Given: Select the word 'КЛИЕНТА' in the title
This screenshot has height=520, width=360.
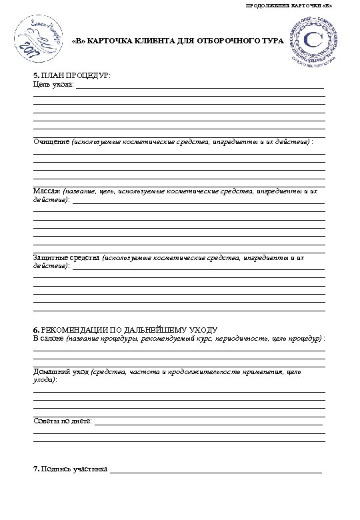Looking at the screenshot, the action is pyautogui.click(x=145, y=41).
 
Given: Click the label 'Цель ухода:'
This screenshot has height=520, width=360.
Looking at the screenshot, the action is pyautogui.click(x=53, y=86).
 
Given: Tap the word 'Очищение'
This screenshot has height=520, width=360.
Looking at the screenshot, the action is pyautogui.click(x=51, y=142).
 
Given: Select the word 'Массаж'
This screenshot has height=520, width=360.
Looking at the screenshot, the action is pyautogui.click(x=46, y=191).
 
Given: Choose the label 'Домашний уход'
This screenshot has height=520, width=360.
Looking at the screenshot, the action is pyautogui.click(x=61, y=371).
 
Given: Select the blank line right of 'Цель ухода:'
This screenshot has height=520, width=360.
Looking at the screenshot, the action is pyautogui.click(x=199, y=87).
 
